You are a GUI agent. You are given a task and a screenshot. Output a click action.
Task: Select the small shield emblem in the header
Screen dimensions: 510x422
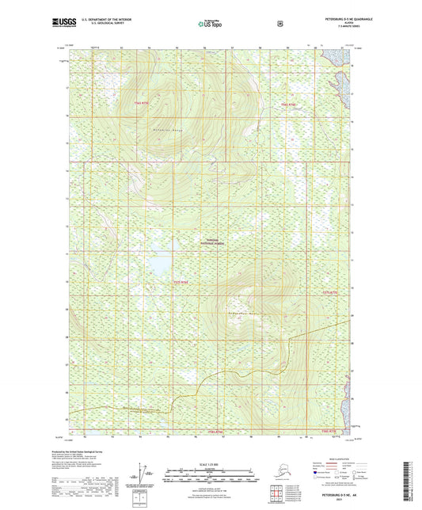click(279, 24)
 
